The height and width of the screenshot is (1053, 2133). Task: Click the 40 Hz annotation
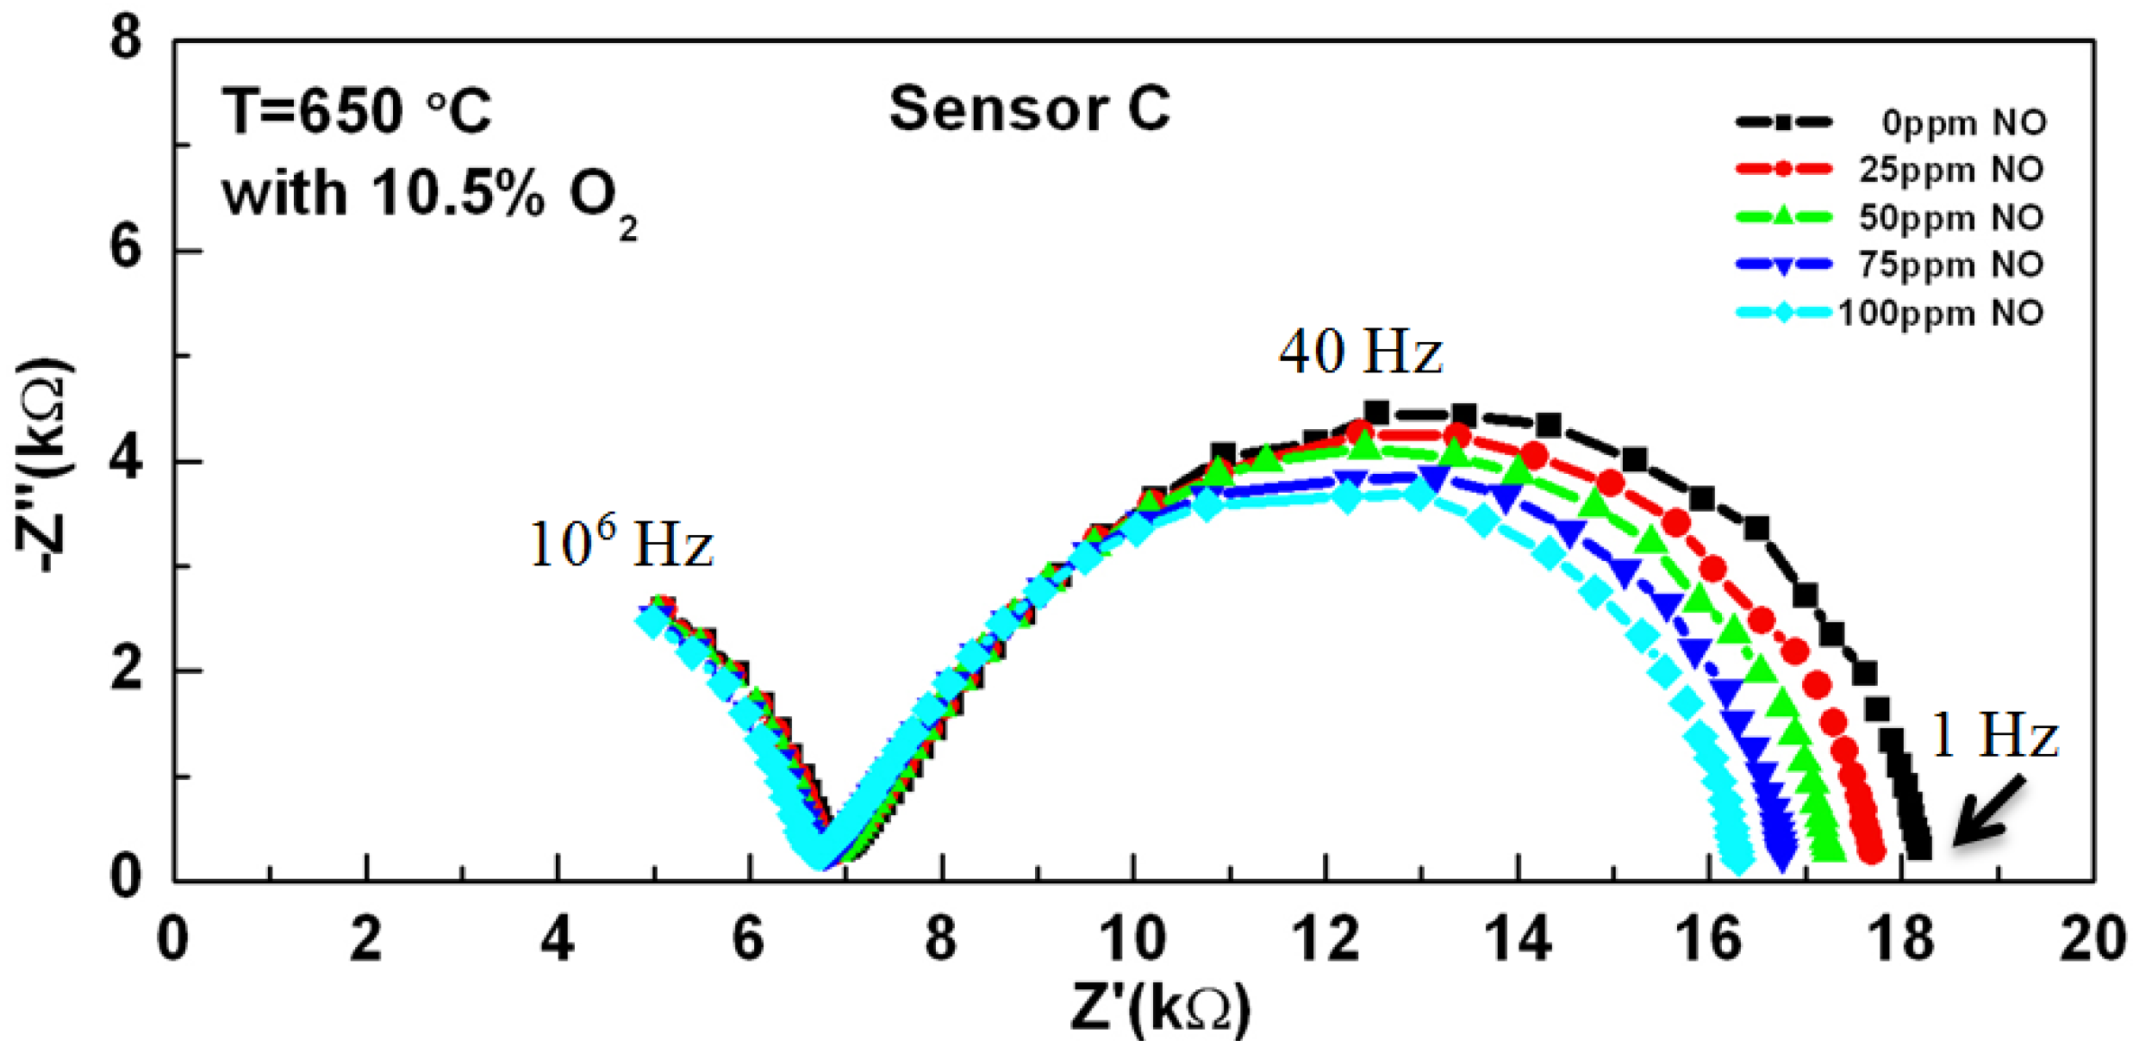[x=1360, y=352]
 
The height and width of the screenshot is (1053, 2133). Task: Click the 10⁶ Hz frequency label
[x=621, y=543]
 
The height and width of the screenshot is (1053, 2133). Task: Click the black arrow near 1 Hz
[x=1989, y=810]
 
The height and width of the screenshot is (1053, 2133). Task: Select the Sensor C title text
[x=1029, y=109]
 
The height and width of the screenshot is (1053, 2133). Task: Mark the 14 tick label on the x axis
[x=1519, y=938]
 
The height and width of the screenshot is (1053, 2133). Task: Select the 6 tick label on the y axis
[x=126, y=250]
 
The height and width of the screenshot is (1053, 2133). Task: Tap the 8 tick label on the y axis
[x=126, y=40]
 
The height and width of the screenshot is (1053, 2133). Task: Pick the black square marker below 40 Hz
[x=1376, y=413]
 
